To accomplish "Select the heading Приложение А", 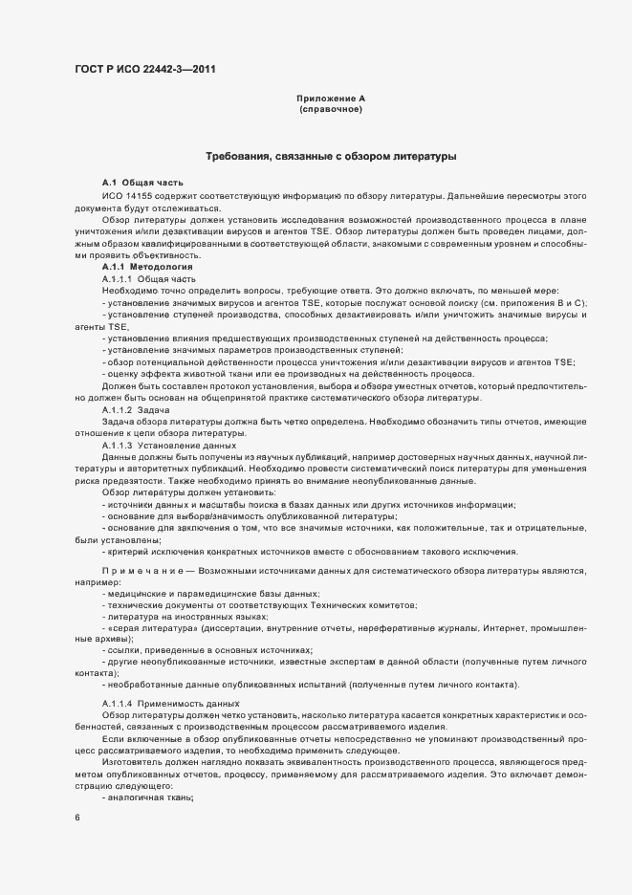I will tap(331, 98).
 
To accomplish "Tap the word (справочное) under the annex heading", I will tap(331, 110).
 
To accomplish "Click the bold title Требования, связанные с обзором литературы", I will tap(331, 156).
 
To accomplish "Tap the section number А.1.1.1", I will tap(117, 278).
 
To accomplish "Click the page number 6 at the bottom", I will tap(76, 818).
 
